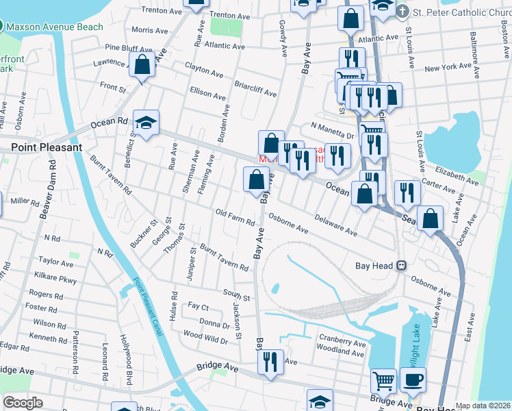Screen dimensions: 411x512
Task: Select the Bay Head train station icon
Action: click(x=402, y=266)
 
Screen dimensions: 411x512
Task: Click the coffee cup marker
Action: click(x=413, y=379)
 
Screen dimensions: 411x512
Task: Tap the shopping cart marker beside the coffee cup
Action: click(x=383, y=379)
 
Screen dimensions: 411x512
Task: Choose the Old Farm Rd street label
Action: click(x=235, y=217)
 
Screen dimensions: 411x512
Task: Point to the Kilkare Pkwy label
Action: click(x=58, y=279)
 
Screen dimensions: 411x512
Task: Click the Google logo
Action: click(x=23, y=403)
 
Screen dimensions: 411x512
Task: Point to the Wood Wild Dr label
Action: click(x=205, y=336)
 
